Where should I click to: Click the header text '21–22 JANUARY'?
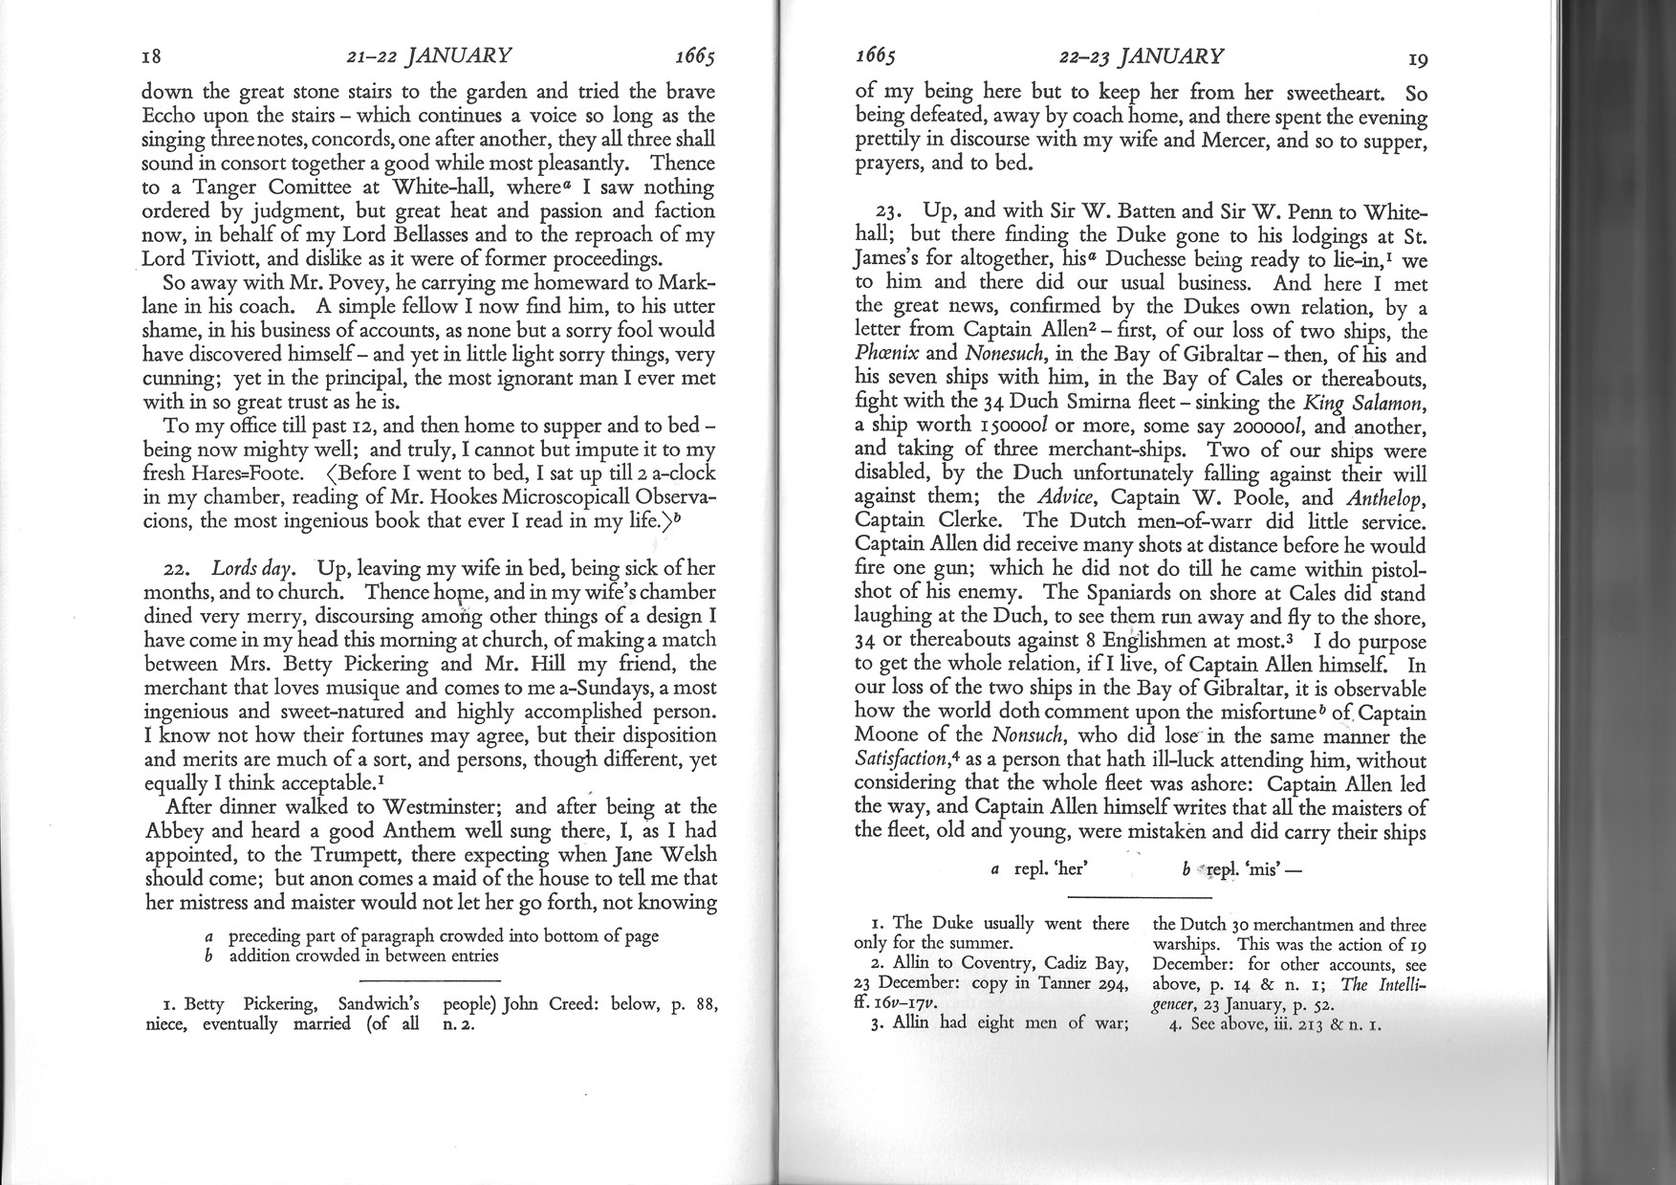click(428, 56)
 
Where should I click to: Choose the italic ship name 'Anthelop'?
click(1385, 497)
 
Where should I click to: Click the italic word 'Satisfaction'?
click(899, 761)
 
